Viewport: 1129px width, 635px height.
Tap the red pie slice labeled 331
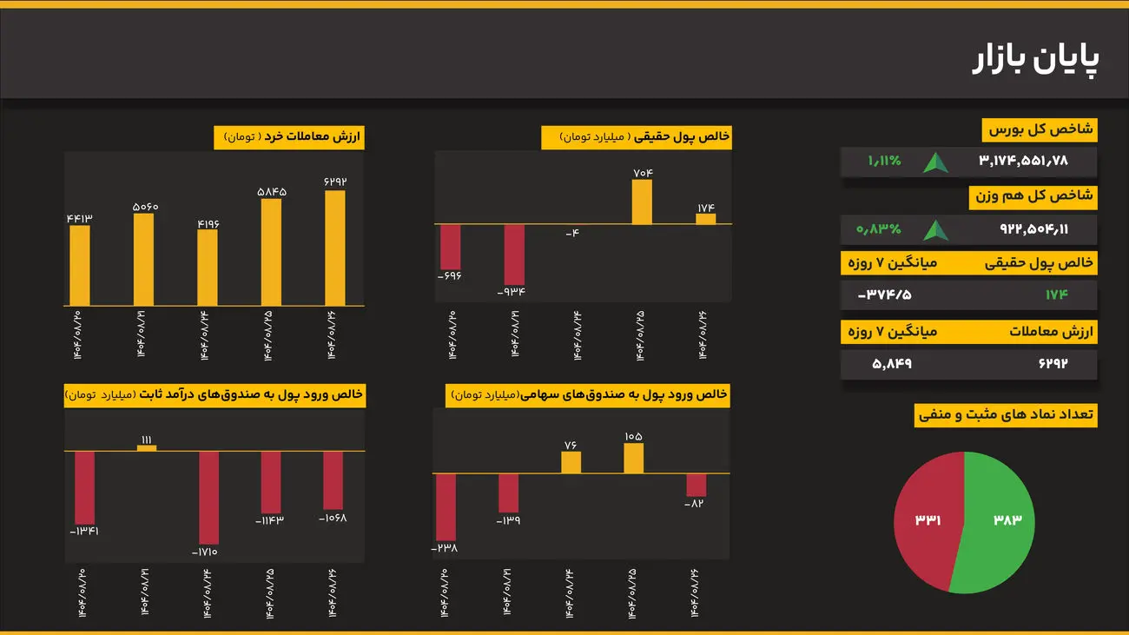(928, 519)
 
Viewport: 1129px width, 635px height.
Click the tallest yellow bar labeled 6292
(335, 248)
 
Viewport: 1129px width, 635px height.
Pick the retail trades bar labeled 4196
(208, 268)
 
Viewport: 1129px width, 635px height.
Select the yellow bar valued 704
(642, 202)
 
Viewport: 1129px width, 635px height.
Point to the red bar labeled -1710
(208, 497)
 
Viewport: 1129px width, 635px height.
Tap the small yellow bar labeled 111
(147, 447)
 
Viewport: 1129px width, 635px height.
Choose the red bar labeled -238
(446, 506)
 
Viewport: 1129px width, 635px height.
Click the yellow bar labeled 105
(633, 458)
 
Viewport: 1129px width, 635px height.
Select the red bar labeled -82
(696, 485)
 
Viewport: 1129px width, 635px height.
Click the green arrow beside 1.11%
(935, 162)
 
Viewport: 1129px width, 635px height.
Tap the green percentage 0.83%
(879, 229)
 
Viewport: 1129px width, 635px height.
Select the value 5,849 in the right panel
(892, 363)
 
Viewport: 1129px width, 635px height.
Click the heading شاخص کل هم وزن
(1033, 196)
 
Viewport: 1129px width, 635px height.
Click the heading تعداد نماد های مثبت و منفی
(1007, 415)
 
